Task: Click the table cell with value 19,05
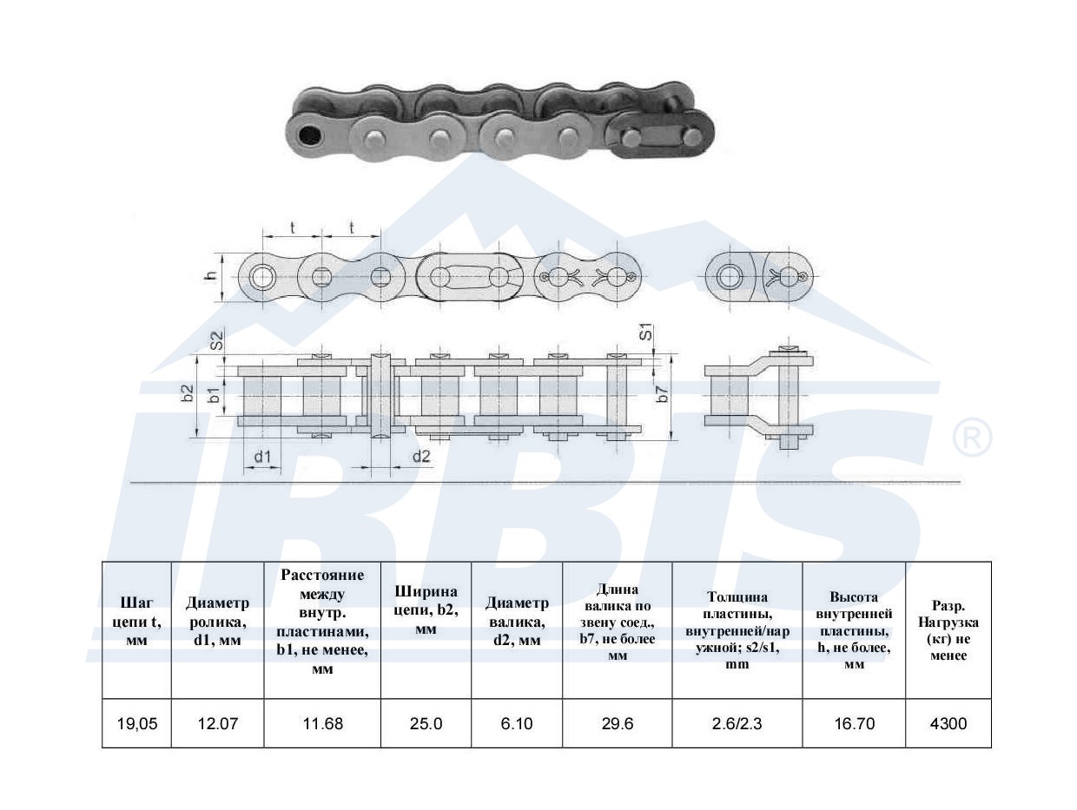pyautogui.click(x=137, y=723)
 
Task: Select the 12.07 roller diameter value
pyautogui.click(x=218, y=723)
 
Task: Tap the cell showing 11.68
pyautogui.click(x=323, y=723)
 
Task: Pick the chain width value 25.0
pyautogui.click(x=426, y=723)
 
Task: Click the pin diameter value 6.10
pyautogui.click(x=517, y=723)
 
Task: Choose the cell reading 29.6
pyautogui.click(x=618, y=723)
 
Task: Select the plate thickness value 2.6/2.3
pyautogui.click(x=737, y=723)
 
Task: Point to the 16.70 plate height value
pyautogui.click(x=855, y=723)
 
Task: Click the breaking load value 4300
pyautogui.click(x=948, y=723)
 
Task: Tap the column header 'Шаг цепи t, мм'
pyautogui.click(x=137, y=622)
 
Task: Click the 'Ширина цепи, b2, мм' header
pyautogui.click(x=426, y=610)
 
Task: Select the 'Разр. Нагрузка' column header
pyautogui.click(x=948, y=630)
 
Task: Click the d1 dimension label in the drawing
pyautogui.click(x=262, y=457)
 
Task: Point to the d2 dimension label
pyautogui.click(x=421, y=457)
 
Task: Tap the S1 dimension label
pyautogui.click(x=646, y=332)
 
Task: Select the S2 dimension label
pyautogui.click(x=216, y=340)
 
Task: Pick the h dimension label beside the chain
pyautogui.click(x=211, y=275)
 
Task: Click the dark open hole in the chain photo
pyautogui.click(x=310, y=135)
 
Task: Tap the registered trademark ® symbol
pyautogui.click(x=972, y=437)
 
